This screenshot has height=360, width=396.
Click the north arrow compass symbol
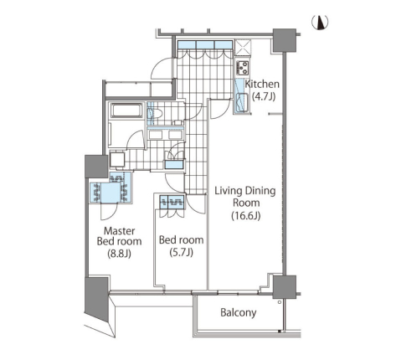coord(320,23)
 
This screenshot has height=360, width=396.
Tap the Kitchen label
coord(262,84)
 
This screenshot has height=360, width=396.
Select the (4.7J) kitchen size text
coord(264,96)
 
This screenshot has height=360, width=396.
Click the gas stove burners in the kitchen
coord(243,68)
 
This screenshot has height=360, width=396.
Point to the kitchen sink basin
coord(242,102)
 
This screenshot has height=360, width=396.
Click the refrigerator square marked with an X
coord(243,48)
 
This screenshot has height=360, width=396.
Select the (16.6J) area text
coord(246,216)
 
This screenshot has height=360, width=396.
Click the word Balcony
coord(238,313)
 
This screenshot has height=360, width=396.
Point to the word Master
coord(120,231)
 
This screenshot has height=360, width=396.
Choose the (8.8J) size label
coord(119,254)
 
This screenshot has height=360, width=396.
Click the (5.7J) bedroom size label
coord(181,252)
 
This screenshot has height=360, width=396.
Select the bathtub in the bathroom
coord(126,111)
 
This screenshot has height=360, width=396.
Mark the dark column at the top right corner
coord(285,40)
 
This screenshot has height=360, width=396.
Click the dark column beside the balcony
coord(285,287)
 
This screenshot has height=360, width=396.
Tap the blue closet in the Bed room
coord(172,202)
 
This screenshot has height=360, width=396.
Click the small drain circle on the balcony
coord(280,302)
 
